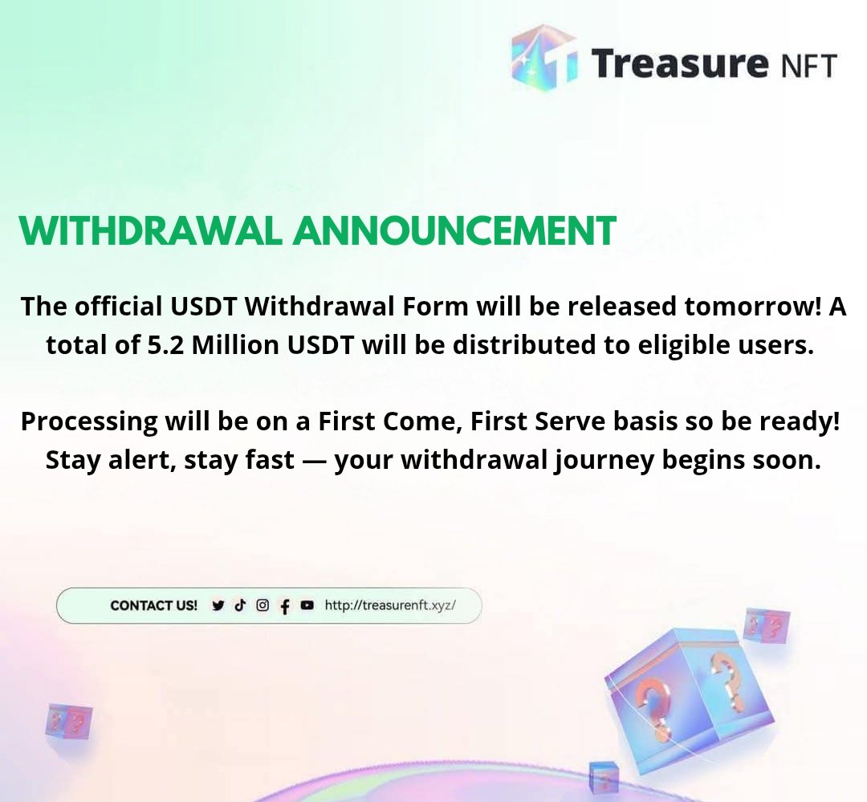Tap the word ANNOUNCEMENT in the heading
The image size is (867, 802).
[454, 231]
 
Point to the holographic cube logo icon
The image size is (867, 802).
[544, 58]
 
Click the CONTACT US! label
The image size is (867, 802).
[153, 605]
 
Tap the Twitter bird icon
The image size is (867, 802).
[218, 606]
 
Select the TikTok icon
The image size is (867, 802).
[240, 605]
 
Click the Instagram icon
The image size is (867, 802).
[262, 605]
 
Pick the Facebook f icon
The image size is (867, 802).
[284, 607]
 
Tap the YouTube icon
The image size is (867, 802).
[307, 605]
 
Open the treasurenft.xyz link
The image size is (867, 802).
[390, 605]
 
